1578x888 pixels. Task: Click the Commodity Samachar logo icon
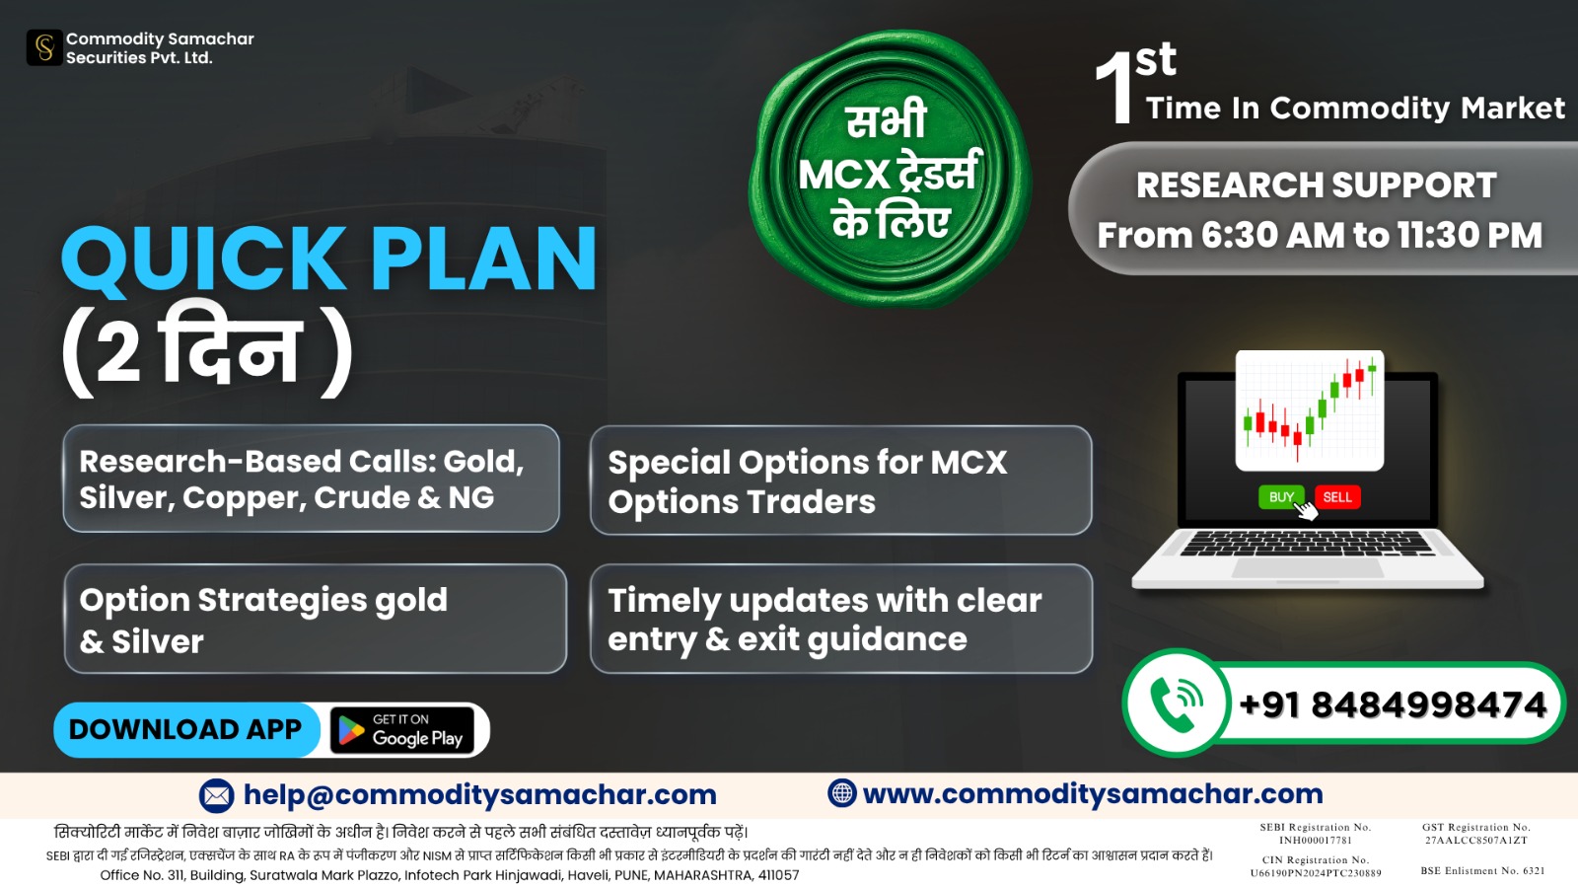click(x=44, y=48)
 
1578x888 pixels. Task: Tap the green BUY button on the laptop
click(x=1281, y=497)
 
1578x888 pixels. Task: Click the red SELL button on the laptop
click(x=1337, y=497)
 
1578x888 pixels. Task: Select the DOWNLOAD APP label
click(x=185, y=729)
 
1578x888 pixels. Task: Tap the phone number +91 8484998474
click(x=1392, y=704)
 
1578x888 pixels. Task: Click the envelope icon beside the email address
click(x=216, y=795)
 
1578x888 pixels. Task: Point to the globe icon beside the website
click(x=842, y=793)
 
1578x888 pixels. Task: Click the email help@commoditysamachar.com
click(x=479, y=795)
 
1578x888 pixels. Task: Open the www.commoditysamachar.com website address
click(x=1093, y=793)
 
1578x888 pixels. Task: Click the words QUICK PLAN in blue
click(x=329, y=258)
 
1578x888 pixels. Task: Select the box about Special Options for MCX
click(x=841, y=480)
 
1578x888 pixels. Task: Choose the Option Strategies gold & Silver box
click(x=315, y=619)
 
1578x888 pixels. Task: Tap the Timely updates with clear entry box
click(x=841, y=619)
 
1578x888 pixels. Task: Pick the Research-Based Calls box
click(x=311, y=478)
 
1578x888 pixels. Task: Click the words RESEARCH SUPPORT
click(x=1316, y=185)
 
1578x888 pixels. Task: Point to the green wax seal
click(x=890, y=169)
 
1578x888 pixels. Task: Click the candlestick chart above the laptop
click(x=1310, y=410)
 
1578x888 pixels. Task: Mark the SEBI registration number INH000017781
click(x=1316, y=840)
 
